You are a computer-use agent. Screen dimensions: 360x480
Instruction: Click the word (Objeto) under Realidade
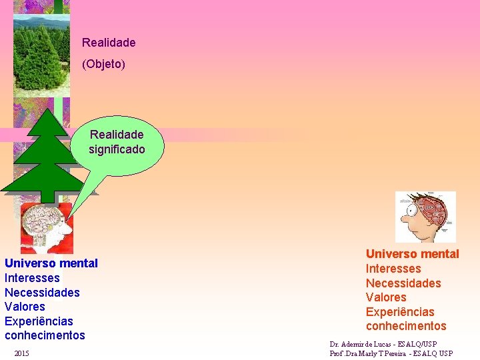[103, 65]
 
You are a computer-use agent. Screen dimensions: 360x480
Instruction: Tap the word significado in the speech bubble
[117, 149]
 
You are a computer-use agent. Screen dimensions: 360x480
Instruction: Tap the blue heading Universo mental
[51, 263]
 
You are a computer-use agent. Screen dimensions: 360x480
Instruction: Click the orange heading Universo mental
[413, 254]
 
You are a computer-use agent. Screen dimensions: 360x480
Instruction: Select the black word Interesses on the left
[32, 278]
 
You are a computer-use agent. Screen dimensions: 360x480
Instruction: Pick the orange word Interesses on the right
[393, 269]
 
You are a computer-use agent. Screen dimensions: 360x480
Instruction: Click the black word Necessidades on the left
[42, 293]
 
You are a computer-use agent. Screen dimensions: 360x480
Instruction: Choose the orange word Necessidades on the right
[403, 283]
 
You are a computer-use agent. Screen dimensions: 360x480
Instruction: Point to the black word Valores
[25, 307]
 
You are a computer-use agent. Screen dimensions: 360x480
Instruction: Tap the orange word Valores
[386, 297]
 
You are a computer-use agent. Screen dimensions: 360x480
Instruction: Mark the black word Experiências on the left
[39, 321]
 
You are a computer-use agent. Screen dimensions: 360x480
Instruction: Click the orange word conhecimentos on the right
[406, 326]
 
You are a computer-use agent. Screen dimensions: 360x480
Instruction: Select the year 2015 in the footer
[21, 352]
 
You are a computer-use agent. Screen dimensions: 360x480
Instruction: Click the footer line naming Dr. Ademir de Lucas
[383, 344]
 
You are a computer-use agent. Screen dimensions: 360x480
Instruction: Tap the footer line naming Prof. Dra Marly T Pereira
[391, 353]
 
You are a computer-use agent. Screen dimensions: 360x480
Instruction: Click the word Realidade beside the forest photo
[109, 43]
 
